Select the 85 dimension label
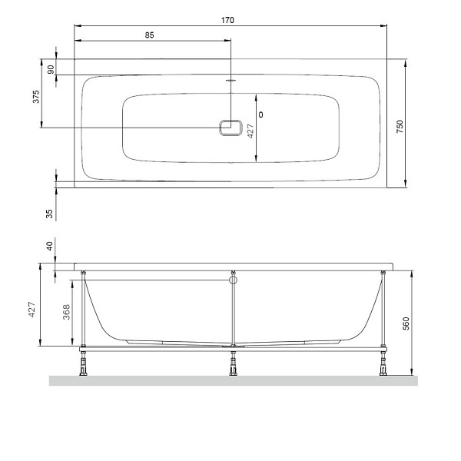tap(150, 35)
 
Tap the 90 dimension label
tap(51, 69)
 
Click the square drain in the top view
tap(230, 128)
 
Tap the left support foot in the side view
tap(81, 366)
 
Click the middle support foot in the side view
tap(233, 366)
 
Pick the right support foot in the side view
tap(382, 366)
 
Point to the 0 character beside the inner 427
tap(262, 114)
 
